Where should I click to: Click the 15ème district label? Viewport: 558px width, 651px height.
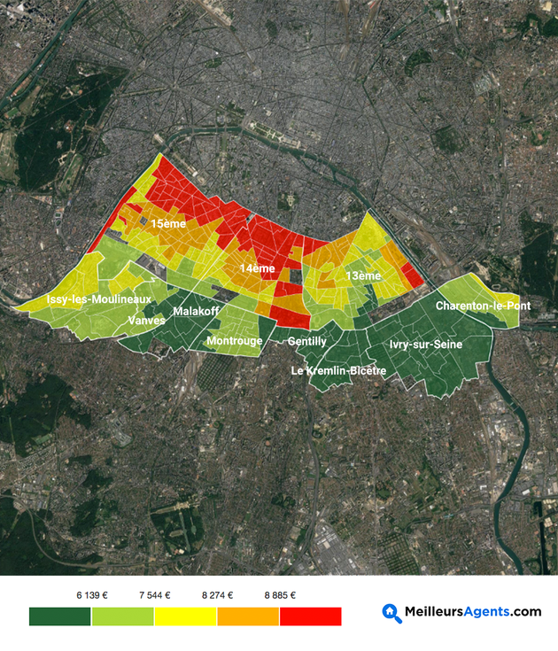pyautogui.click(x=167, y=224)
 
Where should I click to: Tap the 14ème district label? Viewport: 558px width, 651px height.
pyautogui.click(x=257, y=268)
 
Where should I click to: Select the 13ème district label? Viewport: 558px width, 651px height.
pyautogui.click(x=363, y=275)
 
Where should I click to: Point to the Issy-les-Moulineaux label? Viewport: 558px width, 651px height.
pyautogui.click(x=93, y=300)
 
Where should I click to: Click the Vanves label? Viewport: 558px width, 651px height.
pyautogui.click(x=146, y=320)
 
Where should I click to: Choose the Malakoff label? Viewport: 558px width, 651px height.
pyautogui.click(x=196, y=311)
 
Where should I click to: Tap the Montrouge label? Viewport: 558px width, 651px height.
pyautogui.click(x=234, y=340)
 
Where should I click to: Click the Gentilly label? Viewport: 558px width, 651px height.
pyautogui.click(x=307, y=341)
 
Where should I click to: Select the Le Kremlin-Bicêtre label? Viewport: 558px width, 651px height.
pyautogui.click(x=338, y=370)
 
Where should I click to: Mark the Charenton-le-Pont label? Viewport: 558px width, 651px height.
pyautogui.click(x=483, y=306)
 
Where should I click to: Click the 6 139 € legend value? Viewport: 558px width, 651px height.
pyautogui.click(x=91, y=595)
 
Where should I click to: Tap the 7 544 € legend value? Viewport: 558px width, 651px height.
pyautogui.click(x=154, y=595)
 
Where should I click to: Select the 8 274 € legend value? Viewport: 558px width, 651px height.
pyautogui.click(x=217, y=595)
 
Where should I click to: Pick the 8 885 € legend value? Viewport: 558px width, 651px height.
pyautogui.click(x=280, y=595)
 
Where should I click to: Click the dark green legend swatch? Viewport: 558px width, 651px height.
pyautogui.click(x=60, y=616)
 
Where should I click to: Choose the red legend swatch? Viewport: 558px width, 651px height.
pyautogui.click(x=311, y=616)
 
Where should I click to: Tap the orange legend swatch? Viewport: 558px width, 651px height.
pyautogui.click(x=248, y=616)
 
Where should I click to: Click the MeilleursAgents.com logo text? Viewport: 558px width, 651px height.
pyautogui.click(x=472, y=611)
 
